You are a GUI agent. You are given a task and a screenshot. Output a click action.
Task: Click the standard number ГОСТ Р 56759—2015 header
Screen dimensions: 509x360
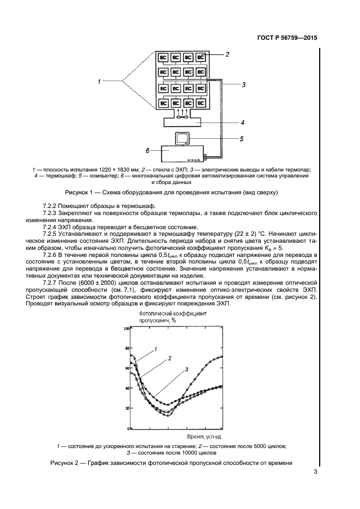286,39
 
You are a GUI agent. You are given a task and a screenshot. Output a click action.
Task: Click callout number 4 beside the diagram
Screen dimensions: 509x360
242,123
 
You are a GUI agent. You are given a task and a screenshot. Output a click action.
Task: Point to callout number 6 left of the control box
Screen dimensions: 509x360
147,150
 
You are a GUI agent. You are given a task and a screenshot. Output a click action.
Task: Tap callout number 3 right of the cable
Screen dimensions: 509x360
244,85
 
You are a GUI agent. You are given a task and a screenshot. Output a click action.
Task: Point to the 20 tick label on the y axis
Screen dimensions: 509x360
127,408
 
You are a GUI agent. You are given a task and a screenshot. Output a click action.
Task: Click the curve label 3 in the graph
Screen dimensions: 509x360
186,370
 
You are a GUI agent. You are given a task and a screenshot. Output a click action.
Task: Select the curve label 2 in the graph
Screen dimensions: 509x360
170,358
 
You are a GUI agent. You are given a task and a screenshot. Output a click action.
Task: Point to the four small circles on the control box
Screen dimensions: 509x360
194,160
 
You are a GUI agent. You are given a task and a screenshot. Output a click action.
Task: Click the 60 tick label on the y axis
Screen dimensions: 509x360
127,369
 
